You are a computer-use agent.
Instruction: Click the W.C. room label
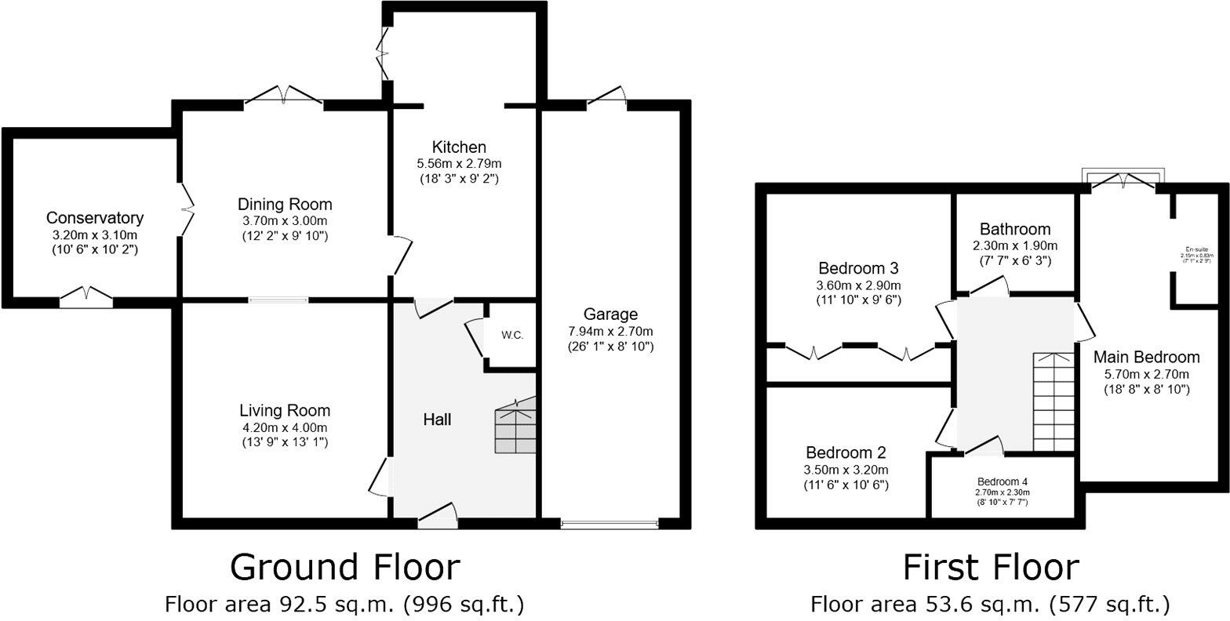512,335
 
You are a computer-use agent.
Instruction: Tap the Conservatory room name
95,218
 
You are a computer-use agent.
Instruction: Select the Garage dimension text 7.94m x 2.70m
611,331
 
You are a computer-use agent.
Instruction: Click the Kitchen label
459,147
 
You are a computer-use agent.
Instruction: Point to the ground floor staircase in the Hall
515,427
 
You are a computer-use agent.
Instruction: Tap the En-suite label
1197,251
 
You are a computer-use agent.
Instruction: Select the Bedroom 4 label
1002,481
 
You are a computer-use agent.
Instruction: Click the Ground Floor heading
344,567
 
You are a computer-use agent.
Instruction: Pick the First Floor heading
990,567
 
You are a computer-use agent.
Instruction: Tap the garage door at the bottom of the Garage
610,523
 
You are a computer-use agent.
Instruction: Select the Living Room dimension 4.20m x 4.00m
285,427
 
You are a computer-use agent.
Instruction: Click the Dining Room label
285,205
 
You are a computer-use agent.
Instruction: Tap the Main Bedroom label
1146,358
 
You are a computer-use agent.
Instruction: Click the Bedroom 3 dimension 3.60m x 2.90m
858,285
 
